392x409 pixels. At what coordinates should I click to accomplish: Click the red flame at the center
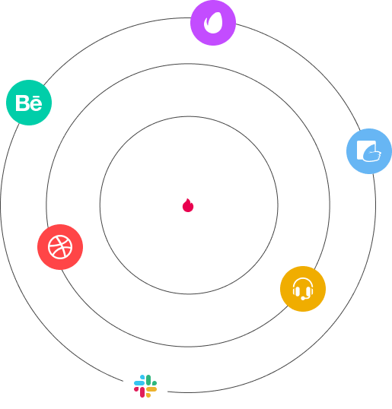[x=188, y=205]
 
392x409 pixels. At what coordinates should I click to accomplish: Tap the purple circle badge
[x=213, y=23]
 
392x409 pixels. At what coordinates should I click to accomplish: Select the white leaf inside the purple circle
[x=213, y=23]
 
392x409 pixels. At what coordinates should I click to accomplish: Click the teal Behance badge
[x=29, y=103]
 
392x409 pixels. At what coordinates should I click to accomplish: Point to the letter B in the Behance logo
[x=21, y=103]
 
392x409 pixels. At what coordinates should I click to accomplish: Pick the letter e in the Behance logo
[x=36, y=104]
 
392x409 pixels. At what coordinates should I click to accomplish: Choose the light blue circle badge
[x=369, y=151]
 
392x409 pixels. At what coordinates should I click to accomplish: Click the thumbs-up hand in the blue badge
[x=372, y=154]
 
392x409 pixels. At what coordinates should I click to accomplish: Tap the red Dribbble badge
[x=60, y=247]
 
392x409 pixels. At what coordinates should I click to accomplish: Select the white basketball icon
[x=60, y=247]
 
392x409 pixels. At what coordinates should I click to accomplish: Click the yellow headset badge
[x=303, y=289]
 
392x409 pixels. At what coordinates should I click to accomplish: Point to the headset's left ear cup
[x=295, y=291]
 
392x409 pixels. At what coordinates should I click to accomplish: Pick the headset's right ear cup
[x=311, y=291]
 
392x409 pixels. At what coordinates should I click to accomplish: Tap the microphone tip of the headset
[x=303, y=299]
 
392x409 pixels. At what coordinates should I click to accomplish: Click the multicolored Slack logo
[x=145, y=386]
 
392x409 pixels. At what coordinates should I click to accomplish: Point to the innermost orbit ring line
[x=189, y=116]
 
